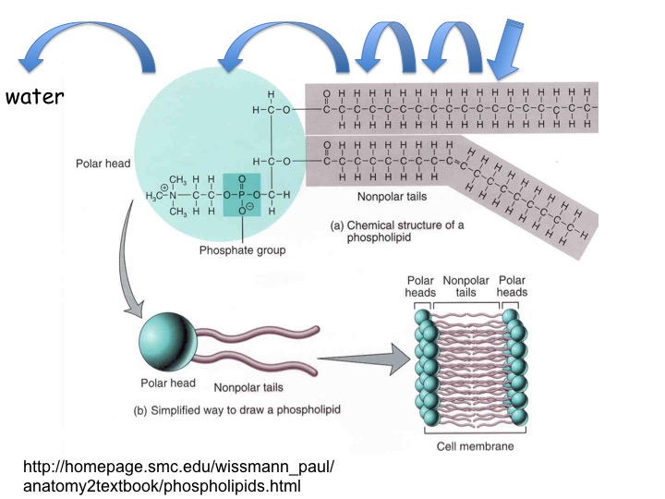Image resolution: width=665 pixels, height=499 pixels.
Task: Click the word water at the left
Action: (x=33, y=96)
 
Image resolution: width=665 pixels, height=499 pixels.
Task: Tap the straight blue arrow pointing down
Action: (x=507, y=50)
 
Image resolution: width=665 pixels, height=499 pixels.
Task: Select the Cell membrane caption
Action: (x=474, y=446)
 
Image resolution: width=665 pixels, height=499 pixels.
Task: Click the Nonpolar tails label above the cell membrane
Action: (x=465, y=286)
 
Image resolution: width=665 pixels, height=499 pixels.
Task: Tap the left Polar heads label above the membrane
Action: (x=420, y=286)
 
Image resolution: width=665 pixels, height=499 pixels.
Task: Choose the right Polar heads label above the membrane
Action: (x=511, y=286)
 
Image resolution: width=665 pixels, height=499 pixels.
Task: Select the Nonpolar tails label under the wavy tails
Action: (x=248, y=388)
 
